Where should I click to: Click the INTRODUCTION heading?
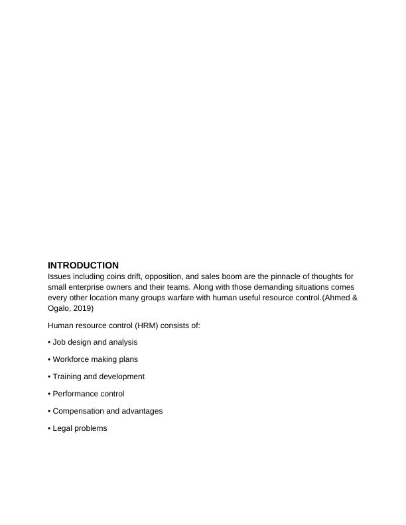pos(83,265)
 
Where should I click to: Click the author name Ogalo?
pos(60,308)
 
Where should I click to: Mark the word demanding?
pos(240,287)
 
